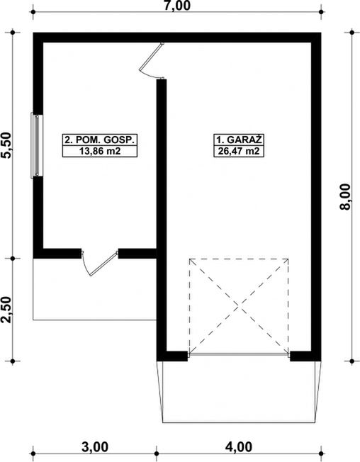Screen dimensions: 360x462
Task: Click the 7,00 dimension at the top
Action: (x=177, y=6)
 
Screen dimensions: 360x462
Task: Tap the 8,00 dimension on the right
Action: (x=345, y=196)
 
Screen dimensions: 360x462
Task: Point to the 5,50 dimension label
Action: (x=7, y=145)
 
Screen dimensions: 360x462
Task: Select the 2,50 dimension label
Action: (x=7, y=310)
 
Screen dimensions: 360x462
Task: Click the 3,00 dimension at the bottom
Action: (x=95, y=446)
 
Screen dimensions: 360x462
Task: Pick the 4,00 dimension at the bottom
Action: (x=239, y=446)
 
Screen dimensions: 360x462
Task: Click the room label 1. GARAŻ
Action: (x=239, y=140)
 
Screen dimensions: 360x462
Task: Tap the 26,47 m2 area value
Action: (x=239, y=151)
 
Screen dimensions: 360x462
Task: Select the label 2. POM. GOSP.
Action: (x=100, y=140)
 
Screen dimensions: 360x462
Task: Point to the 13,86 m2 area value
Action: (x=100, y=151)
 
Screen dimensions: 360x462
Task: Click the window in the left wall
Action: (x=37, y=145)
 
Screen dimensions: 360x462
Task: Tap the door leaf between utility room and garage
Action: (x=151, y=57)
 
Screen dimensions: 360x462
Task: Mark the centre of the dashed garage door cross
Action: (x=239, y=306)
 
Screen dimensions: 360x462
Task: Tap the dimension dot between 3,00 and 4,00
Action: (x=157, y=453)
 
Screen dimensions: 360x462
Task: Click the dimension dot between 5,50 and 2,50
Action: (x=13, y=259)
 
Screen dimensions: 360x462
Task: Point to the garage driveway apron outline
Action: (x=240, y=423)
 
